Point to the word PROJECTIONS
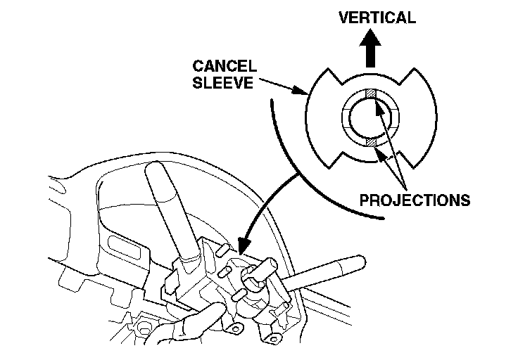click(x=415, y=200)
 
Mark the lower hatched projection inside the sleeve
click(x=371, y=142)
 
